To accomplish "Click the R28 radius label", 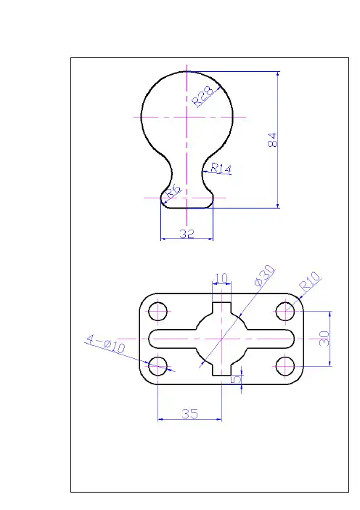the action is tap(203, 96).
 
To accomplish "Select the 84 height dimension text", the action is tap(273, 139).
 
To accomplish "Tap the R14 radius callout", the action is tap(221, 169).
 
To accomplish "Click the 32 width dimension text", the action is tap(187, 233).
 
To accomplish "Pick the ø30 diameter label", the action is tap(264, 276).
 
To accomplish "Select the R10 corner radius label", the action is tap(310, 280).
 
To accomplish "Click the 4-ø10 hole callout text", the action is tap(105, 344).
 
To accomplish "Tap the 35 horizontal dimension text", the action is tap(189, 413).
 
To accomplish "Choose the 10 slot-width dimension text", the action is tap(221, 278).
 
